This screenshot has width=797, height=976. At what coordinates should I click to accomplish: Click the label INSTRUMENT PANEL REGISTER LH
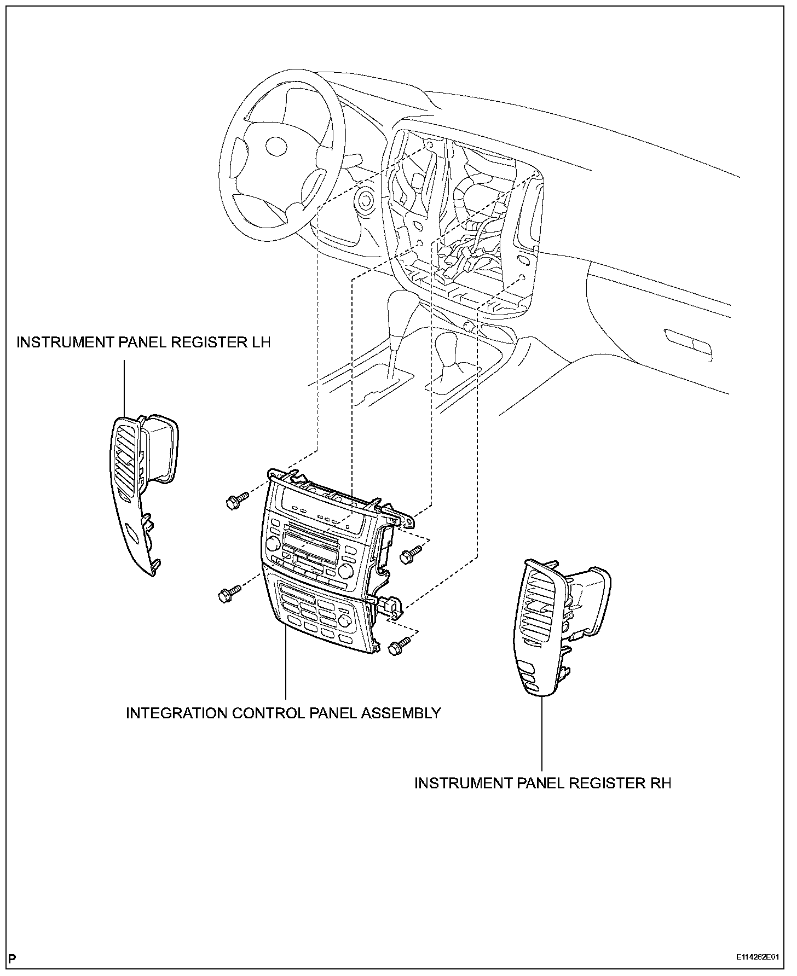click(143, 342)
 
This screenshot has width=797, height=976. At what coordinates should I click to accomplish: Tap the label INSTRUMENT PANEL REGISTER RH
click(542, 783)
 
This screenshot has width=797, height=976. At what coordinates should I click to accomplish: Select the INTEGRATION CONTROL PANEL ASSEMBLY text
click(283, 713)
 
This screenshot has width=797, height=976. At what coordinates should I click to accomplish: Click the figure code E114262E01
click(757, 957)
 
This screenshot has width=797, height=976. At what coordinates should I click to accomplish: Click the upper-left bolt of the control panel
click(234, 501)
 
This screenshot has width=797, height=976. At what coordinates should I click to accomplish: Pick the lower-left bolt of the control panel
click(227, 594)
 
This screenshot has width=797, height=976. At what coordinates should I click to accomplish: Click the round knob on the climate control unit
click(345, 620)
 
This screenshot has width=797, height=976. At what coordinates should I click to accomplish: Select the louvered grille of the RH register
click(539, 607)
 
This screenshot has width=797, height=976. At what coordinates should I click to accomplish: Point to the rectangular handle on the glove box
click(688, 345)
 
